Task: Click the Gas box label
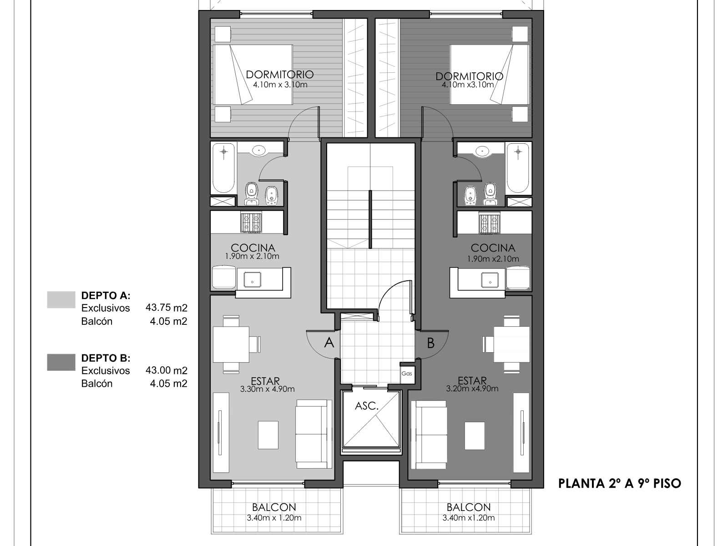click(407, 374)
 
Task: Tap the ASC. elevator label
click(366, 406)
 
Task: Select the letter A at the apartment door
click(329, 343)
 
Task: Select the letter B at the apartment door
click(430, 343)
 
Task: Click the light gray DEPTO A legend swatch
click(61, 300)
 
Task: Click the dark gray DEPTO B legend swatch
click(61, 362)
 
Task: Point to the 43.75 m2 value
click(166, 308)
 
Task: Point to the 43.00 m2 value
click(166, 370)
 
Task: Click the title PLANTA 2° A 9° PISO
click(620, 484)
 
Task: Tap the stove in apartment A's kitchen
click(251, 222)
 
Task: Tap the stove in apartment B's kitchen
click(489, 222)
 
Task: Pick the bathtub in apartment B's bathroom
click(518, 168)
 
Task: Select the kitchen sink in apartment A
click(253, 279)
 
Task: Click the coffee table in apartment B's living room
click(474, 435)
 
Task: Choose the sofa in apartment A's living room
click(314, 434)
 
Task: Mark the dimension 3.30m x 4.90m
click(268, 389)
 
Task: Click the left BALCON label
click(274, 507)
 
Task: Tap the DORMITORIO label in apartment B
click(469, 76)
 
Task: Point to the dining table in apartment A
click(231, 344)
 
